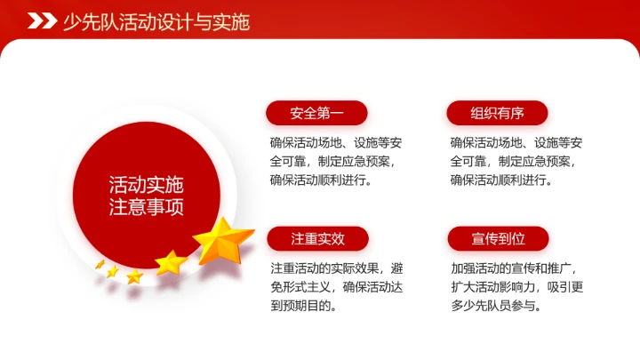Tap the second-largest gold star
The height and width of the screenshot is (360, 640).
click(x=171, y=262)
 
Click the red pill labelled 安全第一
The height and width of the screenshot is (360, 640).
click(x=316, y=113)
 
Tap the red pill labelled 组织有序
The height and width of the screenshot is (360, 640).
click(x=497, y=113)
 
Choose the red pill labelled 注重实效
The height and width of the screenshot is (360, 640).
click(x=316, y=238)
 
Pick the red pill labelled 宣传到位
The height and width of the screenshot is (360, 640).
click(x=497, y=238)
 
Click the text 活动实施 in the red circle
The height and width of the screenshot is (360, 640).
click(x=146, y=186)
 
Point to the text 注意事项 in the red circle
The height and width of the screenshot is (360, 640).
click(x=146, y=208)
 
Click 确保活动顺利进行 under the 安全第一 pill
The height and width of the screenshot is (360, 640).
click(x=321, y=180)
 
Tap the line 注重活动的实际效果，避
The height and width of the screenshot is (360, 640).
click(x=337, y=267)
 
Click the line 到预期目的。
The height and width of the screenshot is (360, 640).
click(x=305, y=306)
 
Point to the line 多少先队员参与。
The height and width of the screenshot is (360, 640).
click(x=496, y=306)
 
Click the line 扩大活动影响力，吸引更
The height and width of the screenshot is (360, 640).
click(x=516, y=286)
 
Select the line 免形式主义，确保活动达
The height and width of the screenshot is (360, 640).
click(x=337, y=286)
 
